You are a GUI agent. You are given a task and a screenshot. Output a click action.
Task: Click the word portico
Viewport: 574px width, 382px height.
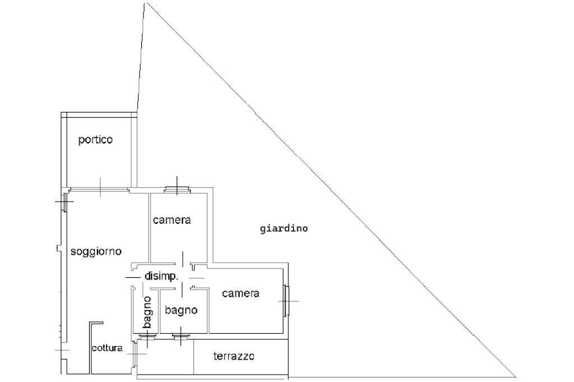pos(95,140)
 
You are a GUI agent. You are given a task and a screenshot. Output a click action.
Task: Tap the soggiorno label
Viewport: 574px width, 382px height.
pos(96,251)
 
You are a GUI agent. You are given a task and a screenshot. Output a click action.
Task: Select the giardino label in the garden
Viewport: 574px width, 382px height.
pos(284,229)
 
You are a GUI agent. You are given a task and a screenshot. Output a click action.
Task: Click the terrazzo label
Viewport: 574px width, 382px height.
pos(234,356)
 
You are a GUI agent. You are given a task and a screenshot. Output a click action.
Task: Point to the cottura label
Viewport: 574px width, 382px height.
pos(107,348)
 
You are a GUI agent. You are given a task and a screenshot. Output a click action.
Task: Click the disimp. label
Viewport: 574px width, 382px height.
pos(161,276)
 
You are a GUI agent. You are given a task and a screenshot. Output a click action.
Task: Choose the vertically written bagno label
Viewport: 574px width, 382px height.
pos(147,312)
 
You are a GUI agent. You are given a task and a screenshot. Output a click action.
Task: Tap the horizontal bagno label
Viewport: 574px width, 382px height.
pos(181,310)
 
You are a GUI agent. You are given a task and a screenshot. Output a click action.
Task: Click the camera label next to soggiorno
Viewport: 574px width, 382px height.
pos(172,220)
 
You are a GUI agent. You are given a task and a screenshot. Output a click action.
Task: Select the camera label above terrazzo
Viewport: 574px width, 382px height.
pos(240,293)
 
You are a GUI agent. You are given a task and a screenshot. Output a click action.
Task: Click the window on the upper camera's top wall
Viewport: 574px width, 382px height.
pos(177,189)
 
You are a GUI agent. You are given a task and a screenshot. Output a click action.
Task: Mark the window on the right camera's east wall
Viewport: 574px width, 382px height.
pos(286,301)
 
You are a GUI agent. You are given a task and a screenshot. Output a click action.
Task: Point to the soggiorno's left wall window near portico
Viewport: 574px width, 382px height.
pos(64,202)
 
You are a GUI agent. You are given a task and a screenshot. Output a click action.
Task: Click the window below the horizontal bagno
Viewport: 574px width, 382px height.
pos(180,337)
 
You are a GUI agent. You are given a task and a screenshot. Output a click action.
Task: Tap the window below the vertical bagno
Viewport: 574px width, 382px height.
pos(147,337)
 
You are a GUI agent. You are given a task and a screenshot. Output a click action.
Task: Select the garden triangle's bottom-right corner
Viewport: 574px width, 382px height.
pos(516,376)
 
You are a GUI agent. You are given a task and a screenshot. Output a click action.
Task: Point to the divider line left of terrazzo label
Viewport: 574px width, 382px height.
pos(193,357)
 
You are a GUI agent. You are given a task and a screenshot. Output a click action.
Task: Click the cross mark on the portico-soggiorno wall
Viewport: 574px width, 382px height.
pos(100,187)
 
